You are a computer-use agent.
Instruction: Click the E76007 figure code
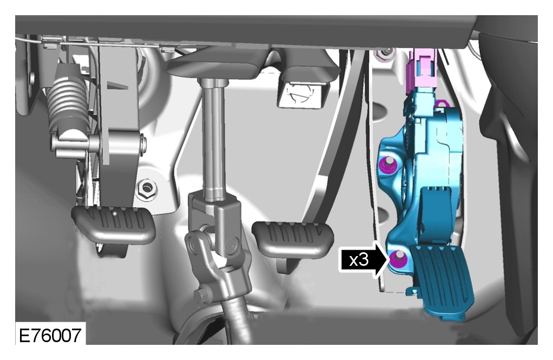pyautogui.click(x=50, y=335)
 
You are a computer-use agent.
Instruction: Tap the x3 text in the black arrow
pyautogui.click(x=359, y=260)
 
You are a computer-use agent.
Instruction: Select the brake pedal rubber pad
pyautogui.click(x=292, y=238)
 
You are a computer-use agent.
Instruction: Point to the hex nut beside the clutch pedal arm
pyautogui.click(x=146, y=188)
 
